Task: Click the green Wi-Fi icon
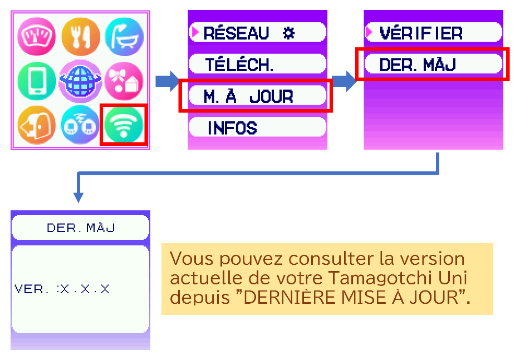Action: click(124, 125)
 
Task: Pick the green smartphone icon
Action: click(37, 81)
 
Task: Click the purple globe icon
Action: click(80, 81)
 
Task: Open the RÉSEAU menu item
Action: click(236, 33)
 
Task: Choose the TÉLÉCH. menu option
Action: click(239, 65)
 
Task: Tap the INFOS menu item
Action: click(232, 128)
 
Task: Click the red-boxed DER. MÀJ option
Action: click(418, 65)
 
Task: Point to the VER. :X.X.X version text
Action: click(62, 289)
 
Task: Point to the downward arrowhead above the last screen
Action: click(79, 197)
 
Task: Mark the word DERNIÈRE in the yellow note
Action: click(278, 297)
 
